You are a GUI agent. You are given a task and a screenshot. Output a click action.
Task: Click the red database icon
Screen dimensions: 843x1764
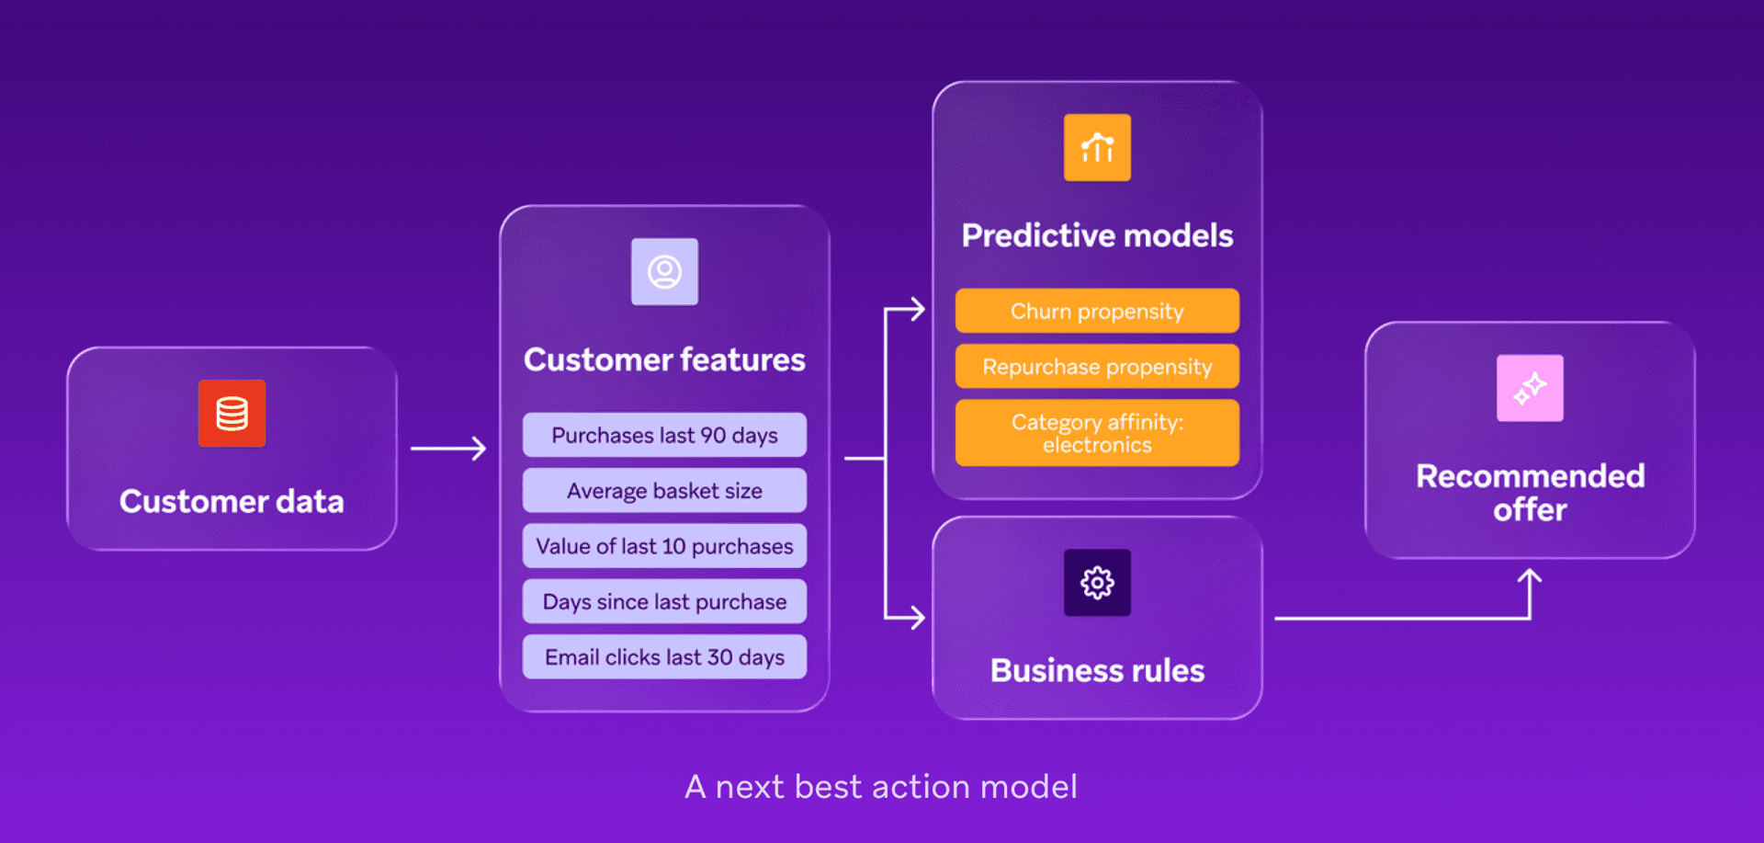(x=232, y=414)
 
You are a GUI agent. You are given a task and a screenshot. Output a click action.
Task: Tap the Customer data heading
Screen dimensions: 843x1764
(x=232, y=502)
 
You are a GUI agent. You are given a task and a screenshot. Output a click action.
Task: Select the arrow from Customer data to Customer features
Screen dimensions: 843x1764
(x=448, y=449)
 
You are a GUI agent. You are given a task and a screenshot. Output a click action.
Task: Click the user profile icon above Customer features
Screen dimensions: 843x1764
(x=664, y=272)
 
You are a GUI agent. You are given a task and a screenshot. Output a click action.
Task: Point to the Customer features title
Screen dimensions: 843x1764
(x=664, y=359)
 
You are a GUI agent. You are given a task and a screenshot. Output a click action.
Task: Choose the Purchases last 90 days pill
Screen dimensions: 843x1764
(x=664, y=435)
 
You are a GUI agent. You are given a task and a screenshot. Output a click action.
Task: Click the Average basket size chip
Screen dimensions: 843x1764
(x=664, y=491)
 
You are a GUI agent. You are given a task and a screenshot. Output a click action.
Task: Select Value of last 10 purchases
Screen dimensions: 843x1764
(x=664, y=546)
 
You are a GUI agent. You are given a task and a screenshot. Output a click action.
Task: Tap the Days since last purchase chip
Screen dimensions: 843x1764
(x=664, y=601)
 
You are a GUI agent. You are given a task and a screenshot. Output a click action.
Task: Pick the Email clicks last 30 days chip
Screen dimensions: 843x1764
(x=664, y=657)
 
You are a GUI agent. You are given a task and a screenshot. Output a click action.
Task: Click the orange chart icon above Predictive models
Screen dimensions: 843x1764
(x=1097, y=148)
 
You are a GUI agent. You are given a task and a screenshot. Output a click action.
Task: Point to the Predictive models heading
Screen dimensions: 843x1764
(x=1097, y=235)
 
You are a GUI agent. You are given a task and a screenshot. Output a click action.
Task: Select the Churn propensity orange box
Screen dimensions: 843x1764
(x=1097, y=311)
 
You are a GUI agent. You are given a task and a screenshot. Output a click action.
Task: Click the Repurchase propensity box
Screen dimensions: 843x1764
(x=1097, y=367)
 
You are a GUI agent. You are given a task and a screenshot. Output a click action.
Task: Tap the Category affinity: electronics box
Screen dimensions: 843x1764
(x=1097, y=433)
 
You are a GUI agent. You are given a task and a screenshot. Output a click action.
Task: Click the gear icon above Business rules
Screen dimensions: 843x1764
(x=1097, y=583)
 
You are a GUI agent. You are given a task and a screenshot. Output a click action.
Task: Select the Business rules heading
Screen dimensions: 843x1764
(x=1097, y=671)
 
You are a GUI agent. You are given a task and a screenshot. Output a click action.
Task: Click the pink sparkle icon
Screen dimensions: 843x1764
(x=1530, y=388)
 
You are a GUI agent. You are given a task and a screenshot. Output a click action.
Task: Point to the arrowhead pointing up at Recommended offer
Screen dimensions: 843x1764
(x=1530, y=576)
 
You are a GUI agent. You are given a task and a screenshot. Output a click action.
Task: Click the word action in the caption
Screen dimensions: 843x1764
(x=921, y=787)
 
